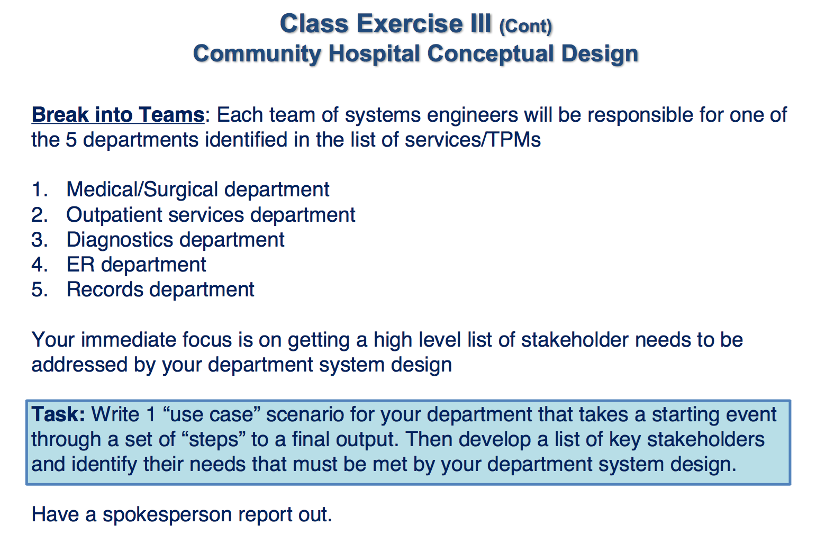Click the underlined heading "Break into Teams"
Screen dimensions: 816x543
click(x=117, y=115)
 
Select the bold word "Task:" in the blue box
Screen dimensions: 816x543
click(x=58, y=414)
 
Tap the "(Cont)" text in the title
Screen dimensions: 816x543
click(x=525, y=26)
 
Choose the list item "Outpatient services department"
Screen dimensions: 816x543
click(x=211, y=215)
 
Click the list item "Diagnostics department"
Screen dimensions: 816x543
click(x=175, y=240)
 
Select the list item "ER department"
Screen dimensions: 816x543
click(x=136, y=265)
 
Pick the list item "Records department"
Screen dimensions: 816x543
click(x=160, y=289)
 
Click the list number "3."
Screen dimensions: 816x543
click(x=40, y=240)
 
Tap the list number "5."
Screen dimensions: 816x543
click(x=40, y=289)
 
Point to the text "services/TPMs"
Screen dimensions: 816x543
click(x=473, y=140)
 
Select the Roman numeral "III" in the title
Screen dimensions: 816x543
click(x=480, y=24)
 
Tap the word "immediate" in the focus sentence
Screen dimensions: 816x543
click(x=128, y=340)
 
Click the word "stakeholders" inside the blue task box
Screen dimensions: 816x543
click(x=705, y=439)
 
